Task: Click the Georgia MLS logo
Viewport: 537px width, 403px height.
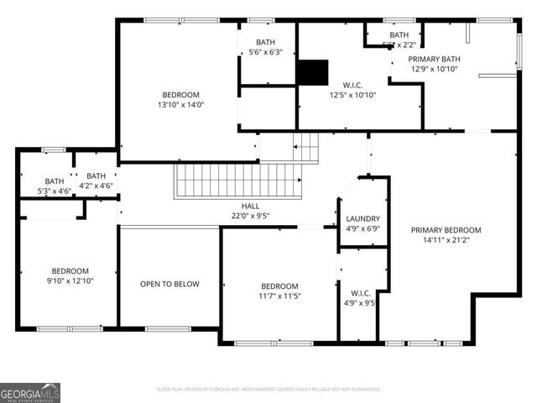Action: click(x=30, y=392)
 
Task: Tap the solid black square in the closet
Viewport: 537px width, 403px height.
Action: click(x=313, y=72)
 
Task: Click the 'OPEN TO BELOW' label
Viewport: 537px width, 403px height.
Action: click(x=169, y=284)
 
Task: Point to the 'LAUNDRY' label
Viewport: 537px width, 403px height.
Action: click(x=362, y=218)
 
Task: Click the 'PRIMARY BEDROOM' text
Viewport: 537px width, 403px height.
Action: click(x=446, y=230)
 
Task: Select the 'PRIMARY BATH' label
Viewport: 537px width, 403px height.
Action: click(x=434, y=59)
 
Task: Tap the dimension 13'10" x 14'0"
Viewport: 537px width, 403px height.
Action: click(x=180, y=105)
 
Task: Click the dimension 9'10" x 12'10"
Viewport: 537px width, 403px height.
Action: click(x=70, y=281)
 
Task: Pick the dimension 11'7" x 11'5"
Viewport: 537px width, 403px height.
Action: click(x=279, y=296)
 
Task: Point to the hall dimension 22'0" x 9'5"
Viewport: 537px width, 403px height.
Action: click(x=250, y=216)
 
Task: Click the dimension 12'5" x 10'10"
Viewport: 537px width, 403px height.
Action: click(x=352, y=95)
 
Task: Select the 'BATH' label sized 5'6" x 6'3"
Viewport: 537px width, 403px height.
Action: click(x=265, y=42)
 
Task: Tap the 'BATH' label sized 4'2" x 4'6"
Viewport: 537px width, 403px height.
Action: click(x=96, y=175)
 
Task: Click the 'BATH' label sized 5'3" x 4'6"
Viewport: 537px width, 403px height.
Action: click(x=55, y=181)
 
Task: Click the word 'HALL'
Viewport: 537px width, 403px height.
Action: click(x=250, y=206)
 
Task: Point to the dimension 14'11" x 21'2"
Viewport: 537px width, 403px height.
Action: click(x=446, y=240)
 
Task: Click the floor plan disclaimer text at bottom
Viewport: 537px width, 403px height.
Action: click(x=268, y=390)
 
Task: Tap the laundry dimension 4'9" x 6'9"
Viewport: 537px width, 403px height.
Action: click(x=362, y=228)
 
